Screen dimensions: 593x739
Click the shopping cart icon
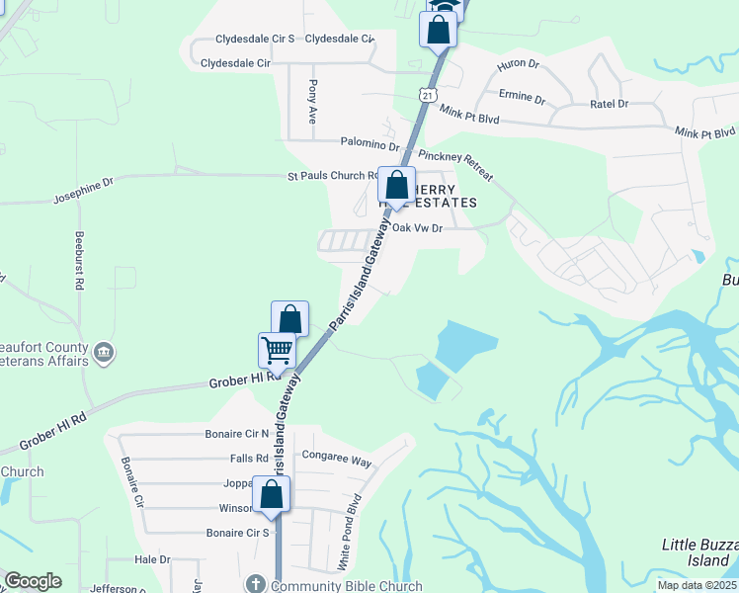pos(277,350)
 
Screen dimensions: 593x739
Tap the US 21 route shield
pos(426,95)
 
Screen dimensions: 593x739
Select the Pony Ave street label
pos(313,101)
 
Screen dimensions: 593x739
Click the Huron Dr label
pos(520,64)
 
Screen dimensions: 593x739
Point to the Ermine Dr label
pos(524,100)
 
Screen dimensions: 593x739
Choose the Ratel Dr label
pos(609,103)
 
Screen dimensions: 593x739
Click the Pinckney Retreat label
pos(455,165)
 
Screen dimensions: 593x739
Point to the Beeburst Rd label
pos(78,260)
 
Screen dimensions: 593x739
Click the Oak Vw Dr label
pos(416,227)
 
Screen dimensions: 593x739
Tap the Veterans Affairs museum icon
pos(104,352)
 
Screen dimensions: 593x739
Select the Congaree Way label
pos(336,461)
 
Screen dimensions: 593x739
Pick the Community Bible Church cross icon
pos(255,584)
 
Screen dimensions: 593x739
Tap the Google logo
pos(33,581)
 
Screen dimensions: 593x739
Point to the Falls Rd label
pos(249,459)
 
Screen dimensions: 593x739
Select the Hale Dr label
pos(152,559)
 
